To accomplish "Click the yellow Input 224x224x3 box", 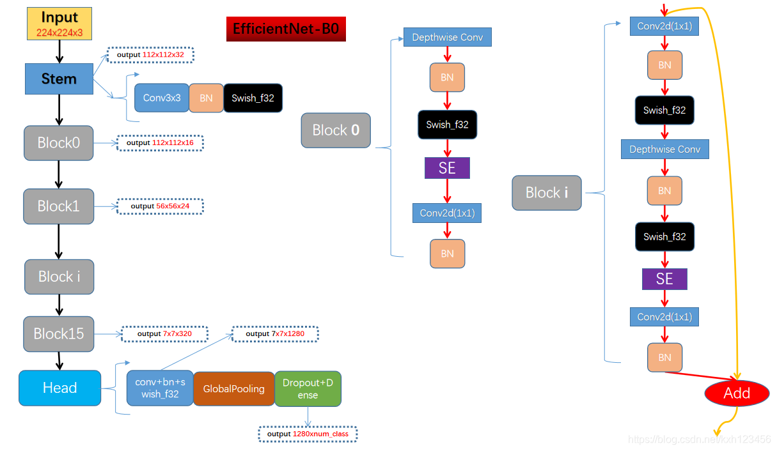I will [59, 24].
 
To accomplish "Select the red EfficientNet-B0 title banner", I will [286, 29].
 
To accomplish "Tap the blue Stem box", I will [59, 79].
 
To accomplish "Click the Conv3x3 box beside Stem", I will [162, 98].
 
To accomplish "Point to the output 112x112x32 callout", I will [150, 55].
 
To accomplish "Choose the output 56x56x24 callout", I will [160, 206].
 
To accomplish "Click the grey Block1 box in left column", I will [59, 206].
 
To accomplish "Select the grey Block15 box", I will [59, 333].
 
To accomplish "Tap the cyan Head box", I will [59, 388].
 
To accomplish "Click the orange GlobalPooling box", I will [233, 388].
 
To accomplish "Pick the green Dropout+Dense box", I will [308, 388].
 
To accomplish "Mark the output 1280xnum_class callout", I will [308, 434].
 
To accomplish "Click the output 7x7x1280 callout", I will [275, 333].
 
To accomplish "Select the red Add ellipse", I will [737, 394].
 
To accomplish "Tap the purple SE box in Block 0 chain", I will [447, 168].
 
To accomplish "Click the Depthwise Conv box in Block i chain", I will [664, 149].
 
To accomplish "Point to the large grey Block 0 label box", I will [336, 130].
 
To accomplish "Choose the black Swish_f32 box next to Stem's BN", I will [253, 98].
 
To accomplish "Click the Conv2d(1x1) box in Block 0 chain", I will [447, 213].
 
